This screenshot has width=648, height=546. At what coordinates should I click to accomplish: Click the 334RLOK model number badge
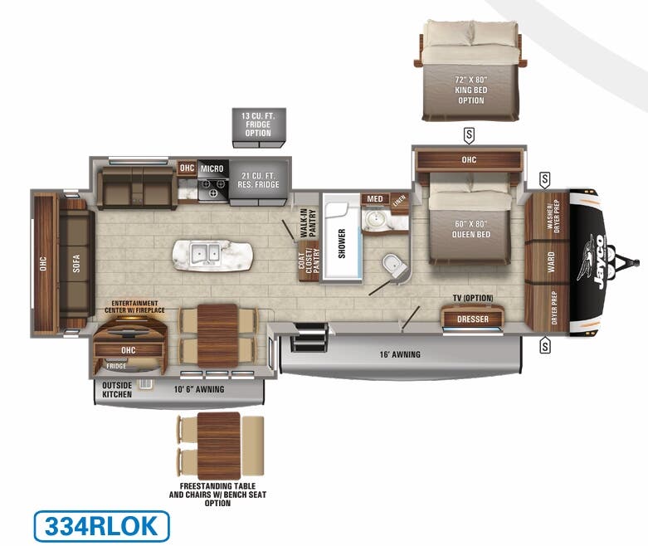pos(101,526)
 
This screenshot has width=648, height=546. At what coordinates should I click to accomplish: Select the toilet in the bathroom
pos(391,266)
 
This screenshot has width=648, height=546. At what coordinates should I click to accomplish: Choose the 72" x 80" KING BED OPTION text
pos(470,90)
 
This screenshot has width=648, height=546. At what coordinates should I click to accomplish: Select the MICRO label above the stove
pos(212,168)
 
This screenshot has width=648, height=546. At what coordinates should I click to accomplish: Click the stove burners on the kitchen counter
pos(213,189)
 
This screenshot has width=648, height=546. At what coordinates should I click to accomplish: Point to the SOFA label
pos(76,263)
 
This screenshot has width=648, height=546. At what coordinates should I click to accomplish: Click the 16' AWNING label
pos(401,354)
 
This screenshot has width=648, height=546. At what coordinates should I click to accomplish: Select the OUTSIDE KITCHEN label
pos(117,390)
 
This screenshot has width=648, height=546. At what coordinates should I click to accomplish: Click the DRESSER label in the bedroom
pos(473,319)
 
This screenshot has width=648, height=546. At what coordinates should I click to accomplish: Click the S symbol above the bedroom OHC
pos(469,134)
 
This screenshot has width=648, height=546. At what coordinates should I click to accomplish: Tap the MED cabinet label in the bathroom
pos(375,199)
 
